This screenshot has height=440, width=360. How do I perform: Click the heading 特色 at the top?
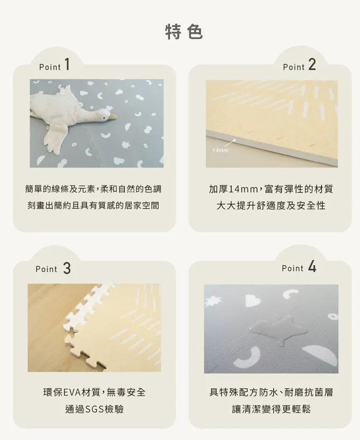pos(184,32)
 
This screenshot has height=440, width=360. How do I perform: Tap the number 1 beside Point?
pos(67,64)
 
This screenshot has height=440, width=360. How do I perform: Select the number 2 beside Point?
pos(312,65)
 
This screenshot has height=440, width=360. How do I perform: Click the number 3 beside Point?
pos(67,268)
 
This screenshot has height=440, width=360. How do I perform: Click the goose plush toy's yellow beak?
pos(113,117)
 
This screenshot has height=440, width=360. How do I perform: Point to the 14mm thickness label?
pos(220,150)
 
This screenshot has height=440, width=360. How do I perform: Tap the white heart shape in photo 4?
pos(253,300)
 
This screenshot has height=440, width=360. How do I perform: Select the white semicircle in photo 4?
pos(321,355)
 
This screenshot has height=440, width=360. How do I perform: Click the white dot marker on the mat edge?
pos(234,140)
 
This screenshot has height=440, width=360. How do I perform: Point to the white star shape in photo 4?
pos(213,301)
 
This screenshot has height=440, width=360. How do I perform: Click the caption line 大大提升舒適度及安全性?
pos(271,206)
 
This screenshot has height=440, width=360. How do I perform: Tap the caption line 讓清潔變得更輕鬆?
pos(271,409)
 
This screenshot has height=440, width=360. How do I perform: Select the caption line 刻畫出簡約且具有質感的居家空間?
pos(93,206)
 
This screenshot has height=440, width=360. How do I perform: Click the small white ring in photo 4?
pos(333,317)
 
